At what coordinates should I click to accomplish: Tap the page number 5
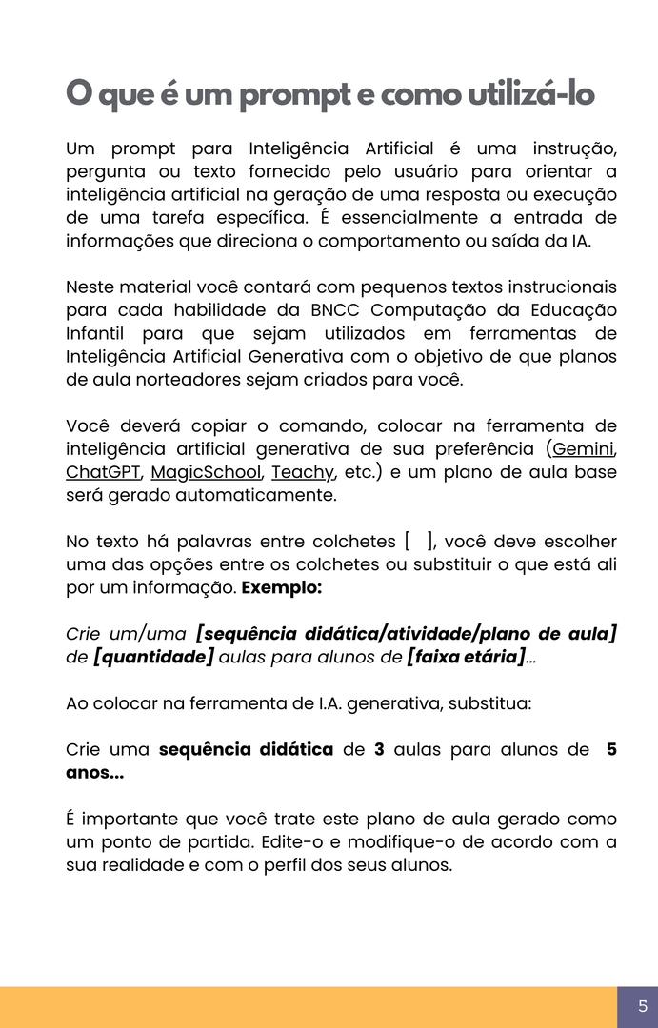643,1006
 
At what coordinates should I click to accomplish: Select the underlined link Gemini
585,448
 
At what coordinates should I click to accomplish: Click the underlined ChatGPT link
103,472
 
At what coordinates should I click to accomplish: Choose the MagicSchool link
206,472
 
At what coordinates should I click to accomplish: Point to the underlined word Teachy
302,472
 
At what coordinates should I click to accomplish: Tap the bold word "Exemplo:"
282,587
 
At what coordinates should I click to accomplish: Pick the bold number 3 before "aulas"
379,749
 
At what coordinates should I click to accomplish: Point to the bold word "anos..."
94,773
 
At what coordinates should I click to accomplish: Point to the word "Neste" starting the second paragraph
90,287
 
